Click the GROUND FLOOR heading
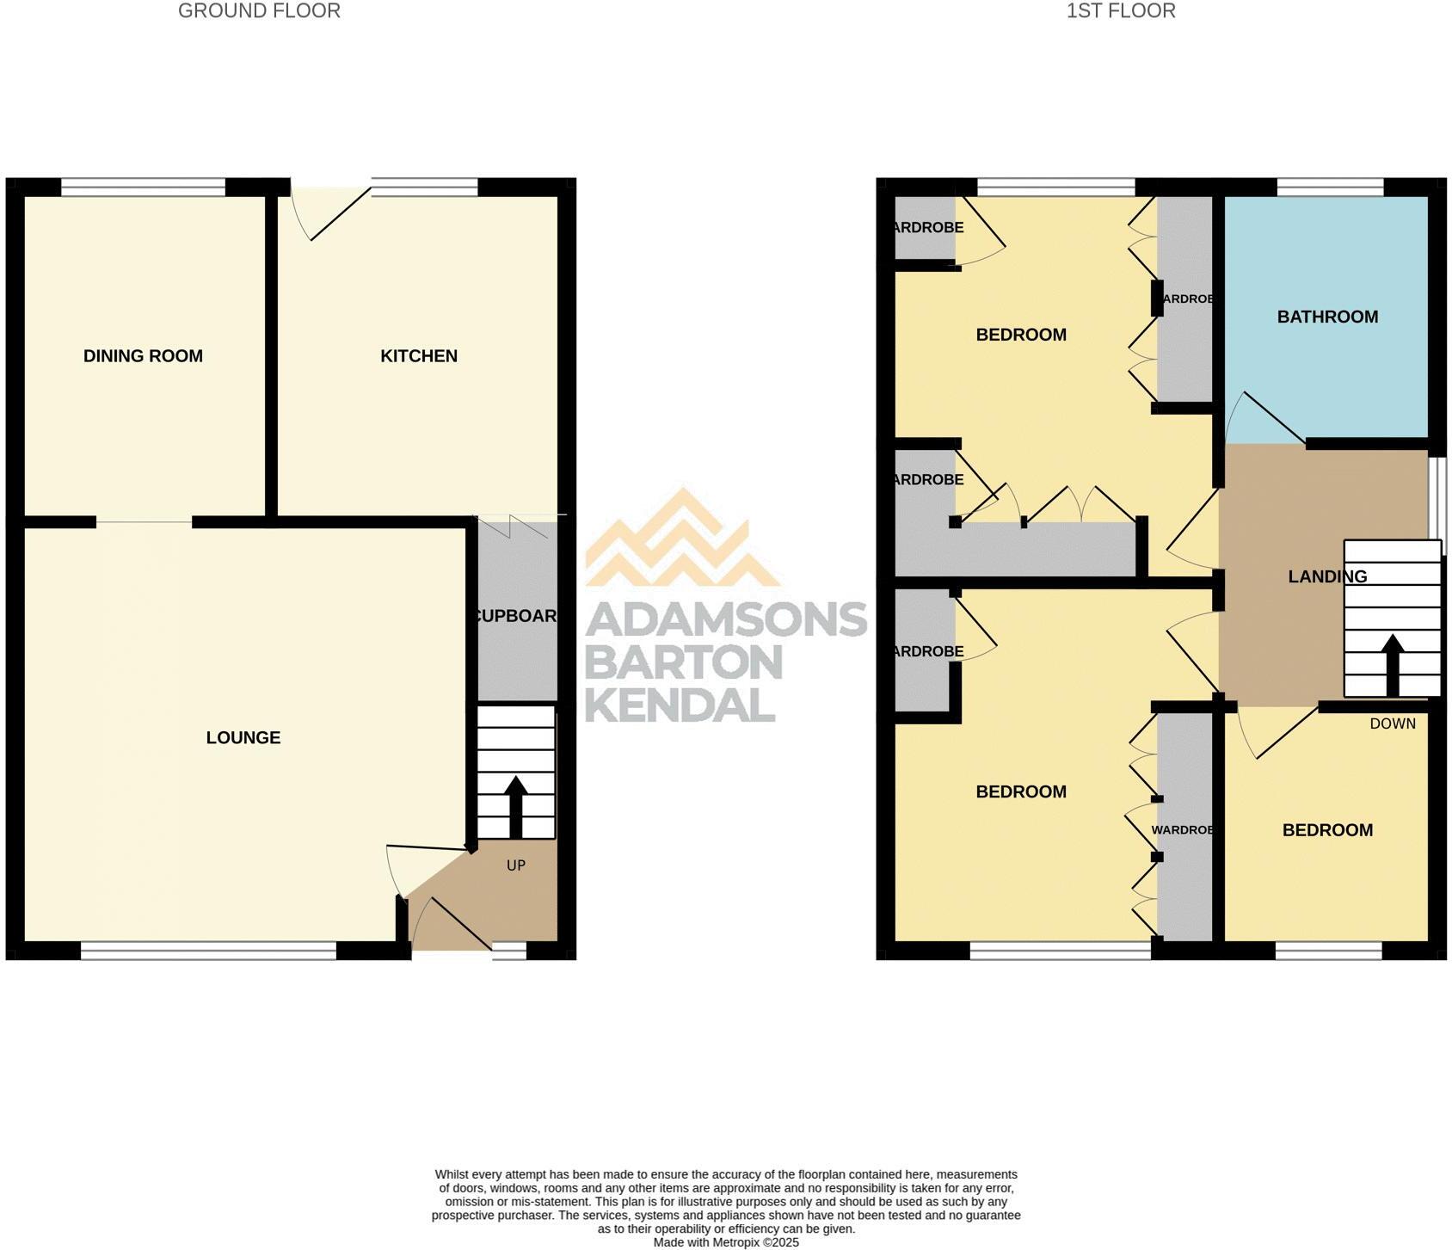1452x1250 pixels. [259, 11]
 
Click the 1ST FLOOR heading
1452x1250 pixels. [1120, 11]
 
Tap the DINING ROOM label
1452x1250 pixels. [143, 356]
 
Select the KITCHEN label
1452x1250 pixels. [419, 356]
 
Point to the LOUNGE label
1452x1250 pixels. [243, 737]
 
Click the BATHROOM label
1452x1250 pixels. [1327, 317]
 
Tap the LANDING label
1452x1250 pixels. [1327, 576]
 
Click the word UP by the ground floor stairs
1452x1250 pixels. [516, 865]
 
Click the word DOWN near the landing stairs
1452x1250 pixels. [1393, 724]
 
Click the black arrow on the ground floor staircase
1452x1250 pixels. [515, 805]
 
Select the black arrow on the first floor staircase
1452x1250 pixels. [1392, 663]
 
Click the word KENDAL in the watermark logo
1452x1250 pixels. [680, 705]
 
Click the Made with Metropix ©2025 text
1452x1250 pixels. [726, 1242]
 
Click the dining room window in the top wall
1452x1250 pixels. [143, 187]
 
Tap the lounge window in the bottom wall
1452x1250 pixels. [208, 951]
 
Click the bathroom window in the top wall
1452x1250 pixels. [1330, 187]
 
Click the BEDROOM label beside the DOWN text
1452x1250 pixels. [1327, 830]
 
